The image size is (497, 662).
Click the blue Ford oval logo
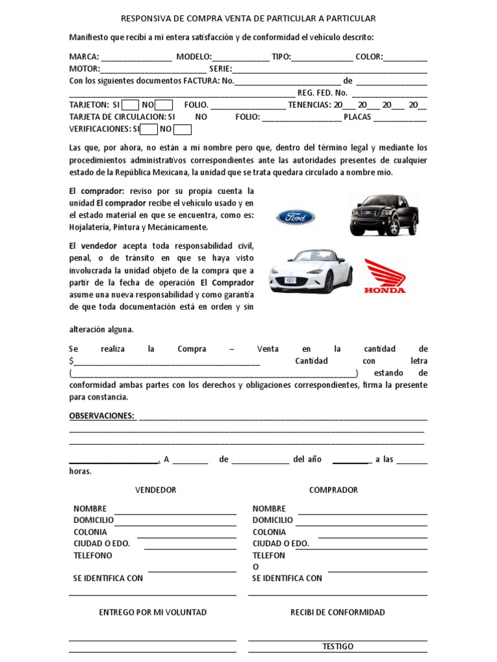(x=296, y=217)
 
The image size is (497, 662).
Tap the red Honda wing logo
(x=384, y=276)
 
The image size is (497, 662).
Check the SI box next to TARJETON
(x=130, y=105)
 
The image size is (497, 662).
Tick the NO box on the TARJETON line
(x=164, y=105)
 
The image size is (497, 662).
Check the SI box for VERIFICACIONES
(x=149, y=129)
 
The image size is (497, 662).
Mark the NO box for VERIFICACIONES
(x=183, y=129)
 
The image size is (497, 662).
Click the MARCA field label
(x=84, y=57)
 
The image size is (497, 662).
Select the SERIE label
(x=219, y=69)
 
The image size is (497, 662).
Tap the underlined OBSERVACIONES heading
(x=102, y=416)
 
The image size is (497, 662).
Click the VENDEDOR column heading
(x=155, y=490)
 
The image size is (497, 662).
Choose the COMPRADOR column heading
(x=333, y=490)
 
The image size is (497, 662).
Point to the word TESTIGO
(x=338, y=646)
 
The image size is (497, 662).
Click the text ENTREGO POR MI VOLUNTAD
(x=153, y=612)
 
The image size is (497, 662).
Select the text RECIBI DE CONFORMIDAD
(x=338, y=612)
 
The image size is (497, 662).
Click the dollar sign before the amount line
(x=72, y=361)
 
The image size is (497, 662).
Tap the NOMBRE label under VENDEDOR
(x=90, y=509)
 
